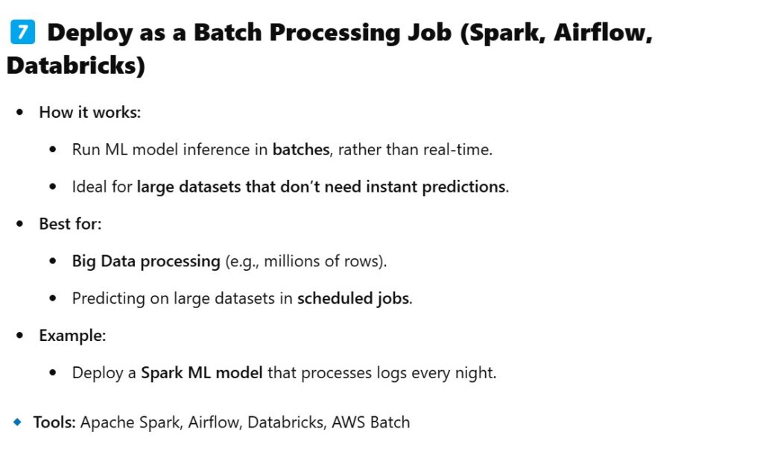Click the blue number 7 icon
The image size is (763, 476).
tap(22, 32)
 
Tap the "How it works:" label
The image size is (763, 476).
tap(90, 112)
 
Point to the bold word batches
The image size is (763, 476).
tap(301, 149)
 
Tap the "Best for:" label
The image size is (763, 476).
tap(71, 224)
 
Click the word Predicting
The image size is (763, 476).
tap(109, 298)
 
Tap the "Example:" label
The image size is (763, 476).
tap(72, 336)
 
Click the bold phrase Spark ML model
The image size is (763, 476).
tap(201, 373)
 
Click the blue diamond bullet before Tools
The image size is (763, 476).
tap(18, 422)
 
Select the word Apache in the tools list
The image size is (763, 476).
tap(107, 422)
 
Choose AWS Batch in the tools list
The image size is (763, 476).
tap(371, 422)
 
